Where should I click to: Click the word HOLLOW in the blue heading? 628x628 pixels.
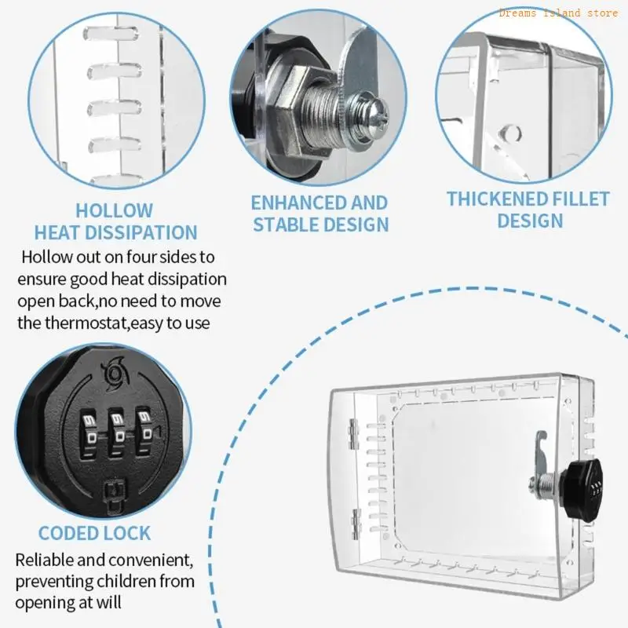point(115,210)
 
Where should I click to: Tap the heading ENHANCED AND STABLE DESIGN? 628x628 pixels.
point(319,214)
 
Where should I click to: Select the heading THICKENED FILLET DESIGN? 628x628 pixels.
point(528,210)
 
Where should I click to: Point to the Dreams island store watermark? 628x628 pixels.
point(558,13)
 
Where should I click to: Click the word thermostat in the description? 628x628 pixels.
point(87,323)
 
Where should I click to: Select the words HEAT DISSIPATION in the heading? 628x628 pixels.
point(115,232)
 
